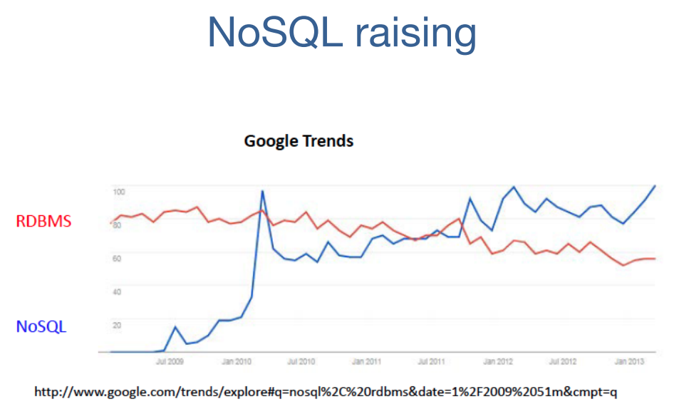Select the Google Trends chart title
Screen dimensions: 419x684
tap(299, 140)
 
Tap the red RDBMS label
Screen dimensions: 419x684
tap(43, 221)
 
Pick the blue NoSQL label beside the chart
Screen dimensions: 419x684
tap(41, 326)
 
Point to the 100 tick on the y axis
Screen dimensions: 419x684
tap(118, 192)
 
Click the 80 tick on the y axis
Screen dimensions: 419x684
tap(117, 225)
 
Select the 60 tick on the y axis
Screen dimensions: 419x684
tap(117, 258)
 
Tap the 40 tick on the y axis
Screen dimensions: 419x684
tap(117, 291)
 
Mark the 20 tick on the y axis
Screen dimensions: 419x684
tap(117, 325)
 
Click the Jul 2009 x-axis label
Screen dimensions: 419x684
tap(170, 362)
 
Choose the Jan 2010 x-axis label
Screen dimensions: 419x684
tap(236, 362)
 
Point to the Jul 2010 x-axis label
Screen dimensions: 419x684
tap(301, 362)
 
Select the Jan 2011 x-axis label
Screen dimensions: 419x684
tap(367, 362)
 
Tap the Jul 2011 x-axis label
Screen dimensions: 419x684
tap(432, 362)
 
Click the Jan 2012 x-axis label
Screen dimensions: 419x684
tap(498, 362)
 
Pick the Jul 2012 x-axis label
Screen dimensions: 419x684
tap(563, 362)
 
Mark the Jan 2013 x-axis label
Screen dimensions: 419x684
tap(629, 362)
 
